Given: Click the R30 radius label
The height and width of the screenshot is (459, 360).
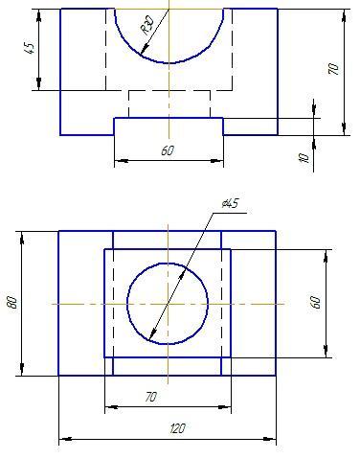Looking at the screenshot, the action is (147, 25).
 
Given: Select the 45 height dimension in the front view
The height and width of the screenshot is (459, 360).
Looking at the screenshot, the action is (30, 48).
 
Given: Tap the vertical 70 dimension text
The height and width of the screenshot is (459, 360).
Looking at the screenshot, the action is (333, 69).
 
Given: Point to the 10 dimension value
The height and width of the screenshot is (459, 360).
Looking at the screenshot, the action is (304, 158).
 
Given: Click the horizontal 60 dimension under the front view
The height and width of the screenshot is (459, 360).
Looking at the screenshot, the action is (168, 150).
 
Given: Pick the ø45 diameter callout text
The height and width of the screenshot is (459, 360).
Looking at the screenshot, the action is (230, 203).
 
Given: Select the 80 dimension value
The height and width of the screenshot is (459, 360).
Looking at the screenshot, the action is (12, 302).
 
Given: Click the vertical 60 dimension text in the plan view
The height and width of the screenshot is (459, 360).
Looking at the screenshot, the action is (315, 302).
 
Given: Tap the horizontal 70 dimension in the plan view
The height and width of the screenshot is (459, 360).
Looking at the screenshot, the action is (150, 397).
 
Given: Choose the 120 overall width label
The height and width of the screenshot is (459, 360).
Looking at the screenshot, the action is (177, 428).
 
